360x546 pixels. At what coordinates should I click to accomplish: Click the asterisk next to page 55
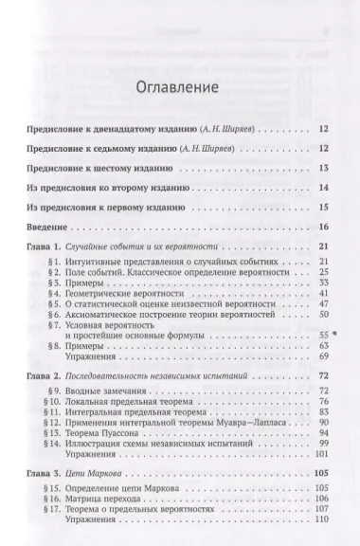point(334,336)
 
